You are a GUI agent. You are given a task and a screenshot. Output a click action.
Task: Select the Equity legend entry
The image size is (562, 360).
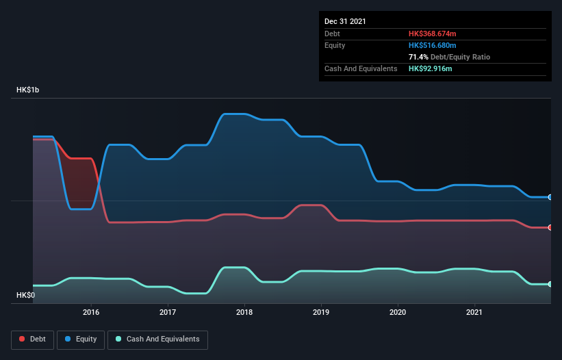click(81, 339)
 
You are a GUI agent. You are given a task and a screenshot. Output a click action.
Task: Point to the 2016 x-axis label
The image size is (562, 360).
click(91, 313)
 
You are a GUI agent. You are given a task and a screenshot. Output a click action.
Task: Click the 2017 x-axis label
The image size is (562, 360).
click(168, 313)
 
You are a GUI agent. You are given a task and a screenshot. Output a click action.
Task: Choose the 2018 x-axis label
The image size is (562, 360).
click(244, 313)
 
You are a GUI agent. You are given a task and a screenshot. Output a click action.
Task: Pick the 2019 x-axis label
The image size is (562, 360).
click(321, 313)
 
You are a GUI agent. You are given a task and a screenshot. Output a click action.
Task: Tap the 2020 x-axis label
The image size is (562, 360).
click(397, 313)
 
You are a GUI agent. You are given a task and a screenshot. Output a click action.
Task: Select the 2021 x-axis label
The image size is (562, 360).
click(474, 313)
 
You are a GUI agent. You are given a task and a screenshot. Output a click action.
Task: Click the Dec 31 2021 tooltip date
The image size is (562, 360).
click(345, 21)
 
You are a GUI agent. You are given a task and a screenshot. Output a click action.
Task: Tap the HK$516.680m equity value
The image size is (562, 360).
click(432, 45)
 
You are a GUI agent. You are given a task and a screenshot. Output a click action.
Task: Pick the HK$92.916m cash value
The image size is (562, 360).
click(430, 69)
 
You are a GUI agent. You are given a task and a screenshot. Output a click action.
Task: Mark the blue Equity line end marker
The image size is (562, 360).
click(550, 197)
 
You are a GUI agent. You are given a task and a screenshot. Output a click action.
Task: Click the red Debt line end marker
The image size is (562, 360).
click(550, 227)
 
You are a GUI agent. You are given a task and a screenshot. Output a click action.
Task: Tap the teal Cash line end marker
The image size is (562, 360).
click(550, 284)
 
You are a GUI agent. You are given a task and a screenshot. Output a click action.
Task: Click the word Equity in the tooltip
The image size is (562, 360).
click(335, 45)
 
